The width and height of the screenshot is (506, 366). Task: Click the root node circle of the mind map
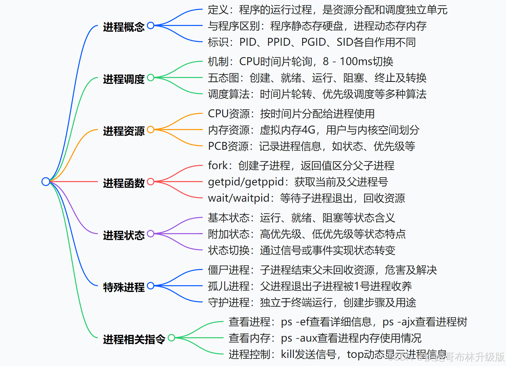(x=46, y=181)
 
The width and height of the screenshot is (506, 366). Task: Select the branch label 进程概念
(x=123, y=27)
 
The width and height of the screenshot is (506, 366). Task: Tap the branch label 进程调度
(x=123, y=79)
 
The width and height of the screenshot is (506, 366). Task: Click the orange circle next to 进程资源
(x=151, y=130)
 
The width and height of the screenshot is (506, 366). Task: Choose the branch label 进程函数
(x=123, y=183)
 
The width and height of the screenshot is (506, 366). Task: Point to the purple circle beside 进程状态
(x=151, y=234)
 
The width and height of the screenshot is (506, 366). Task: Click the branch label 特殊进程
(x=123, y=287)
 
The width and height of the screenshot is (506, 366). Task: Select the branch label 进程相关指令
(x=134, y=339)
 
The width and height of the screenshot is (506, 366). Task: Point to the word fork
(x=217, y=165)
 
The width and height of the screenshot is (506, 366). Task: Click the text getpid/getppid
(x=246, y=182)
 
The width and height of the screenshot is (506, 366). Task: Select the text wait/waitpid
(x=239, y=198)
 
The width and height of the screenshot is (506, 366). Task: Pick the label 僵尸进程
(x=228, y=270)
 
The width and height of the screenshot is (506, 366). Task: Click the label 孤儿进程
(x=228, y=286)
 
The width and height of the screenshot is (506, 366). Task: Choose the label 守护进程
(x=228, y=302)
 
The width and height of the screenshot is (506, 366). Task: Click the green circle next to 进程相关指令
(x=171, y=338)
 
